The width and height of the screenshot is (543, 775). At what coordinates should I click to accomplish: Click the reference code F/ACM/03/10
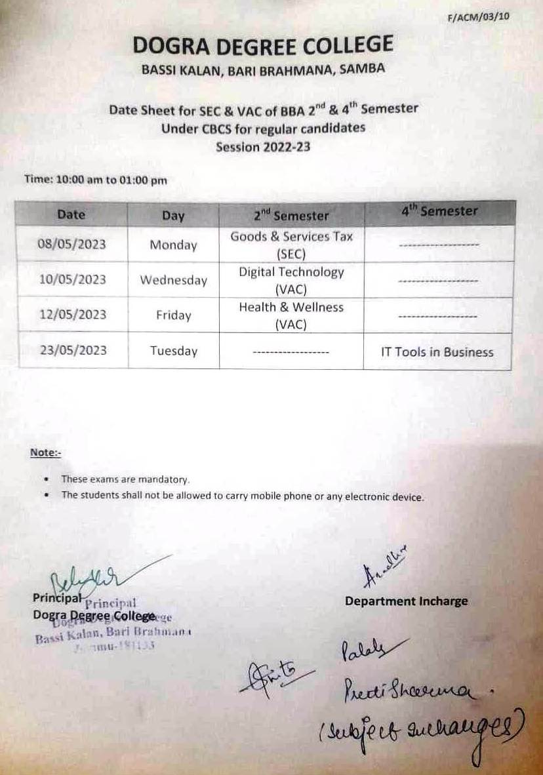477,18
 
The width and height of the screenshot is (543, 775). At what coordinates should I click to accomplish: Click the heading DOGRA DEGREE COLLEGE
263,45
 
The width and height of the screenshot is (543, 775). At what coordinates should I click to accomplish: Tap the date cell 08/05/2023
71,245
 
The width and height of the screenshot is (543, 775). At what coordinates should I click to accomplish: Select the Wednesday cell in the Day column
173,280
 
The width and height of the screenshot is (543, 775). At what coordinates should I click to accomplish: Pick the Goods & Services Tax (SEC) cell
291,245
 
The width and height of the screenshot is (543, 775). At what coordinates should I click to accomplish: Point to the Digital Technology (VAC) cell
291,279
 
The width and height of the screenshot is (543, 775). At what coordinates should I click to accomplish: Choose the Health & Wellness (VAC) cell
291,315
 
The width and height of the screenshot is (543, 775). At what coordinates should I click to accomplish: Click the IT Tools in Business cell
437,352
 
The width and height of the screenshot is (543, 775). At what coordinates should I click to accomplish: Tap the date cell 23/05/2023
71,350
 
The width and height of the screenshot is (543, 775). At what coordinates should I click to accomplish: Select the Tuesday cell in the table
173,351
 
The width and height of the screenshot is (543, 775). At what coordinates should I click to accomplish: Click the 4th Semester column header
439,212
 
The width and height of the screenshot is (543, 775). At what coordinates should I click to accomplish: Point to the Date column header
71,214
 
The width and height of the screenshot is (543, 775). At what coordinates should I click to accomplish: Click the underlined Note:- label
45,452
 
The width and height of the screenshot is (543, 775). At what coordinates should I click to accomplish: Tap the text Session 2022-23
263,147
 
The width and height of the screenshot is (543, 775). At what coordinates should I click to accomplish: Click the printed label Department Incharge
407,601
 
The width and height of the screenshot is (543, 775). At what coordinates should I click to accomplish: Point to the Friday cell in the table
173,315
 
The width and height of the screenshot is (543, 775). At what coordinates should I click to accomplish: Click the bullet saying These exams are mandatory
125,479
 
